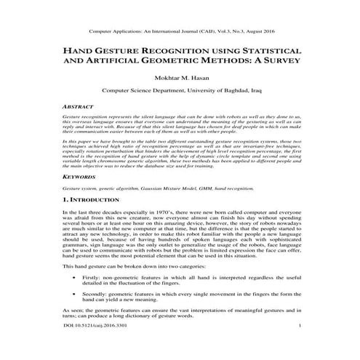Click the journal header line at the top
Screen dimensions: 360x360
[180, 33]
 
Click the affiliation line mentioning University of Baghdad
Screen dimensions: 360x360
[180, 93]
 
